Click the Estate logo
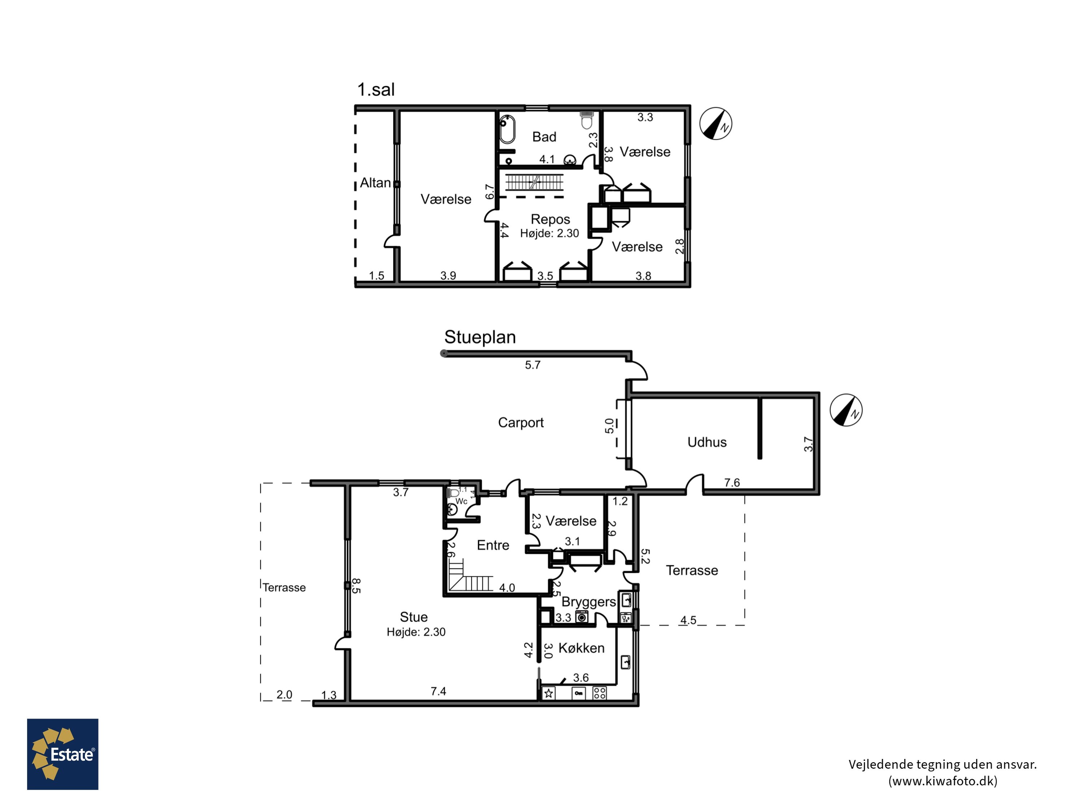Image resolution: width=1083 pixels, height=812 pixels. (63, 754)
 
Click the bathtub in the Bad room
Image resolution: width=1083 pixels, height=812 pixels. (507, 129)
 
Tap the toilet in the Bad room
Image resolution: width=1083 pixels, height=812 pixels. (587, 120)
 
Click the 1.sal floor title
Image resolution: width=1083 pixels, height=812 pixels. (375, 90)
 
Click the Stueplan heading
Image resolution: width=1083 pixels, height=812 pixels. (480, 337)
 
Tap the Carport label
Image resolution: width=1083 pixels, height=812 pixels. (521, 422)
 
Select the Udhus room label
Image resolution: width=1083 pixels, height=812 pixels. (707, 442)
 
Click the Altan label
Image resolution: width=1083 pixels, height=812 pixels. (375, 183)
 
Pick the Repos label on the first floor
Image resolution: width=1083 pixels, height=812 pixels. (550, 219)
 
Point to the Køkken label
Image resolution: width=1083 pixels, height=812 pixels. (581, 648)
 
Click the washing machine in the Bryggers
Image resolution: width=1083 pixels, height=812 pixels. (582, 617)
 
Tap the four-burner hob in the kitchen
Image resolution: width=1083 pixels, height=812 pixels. (600, 693)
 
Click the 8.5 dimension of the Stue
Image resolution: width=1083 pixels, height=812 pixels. (356, 586)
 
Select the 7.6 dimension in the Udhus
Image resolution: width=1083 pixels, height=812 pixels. (732, 483)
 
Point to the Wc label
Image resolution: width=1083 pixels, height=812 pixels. (461, 501)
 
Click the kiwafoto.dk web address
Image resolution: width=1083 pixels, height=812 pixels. (943, 781)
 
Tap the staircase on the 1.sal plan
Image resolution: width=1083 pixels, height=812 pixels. (534, 182)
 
